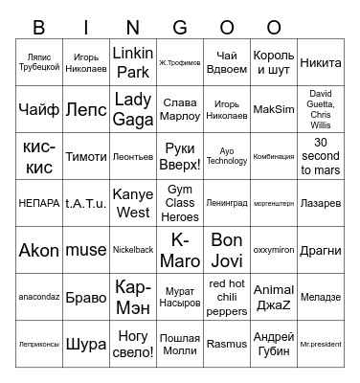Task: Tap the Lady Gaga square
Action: pyautogui.click(x=133, y=109)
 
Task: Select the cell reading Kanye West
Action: pyautogui.click(x=133, y=203)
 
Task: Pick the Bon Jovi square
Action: pyautogui.click(x=227, y=250)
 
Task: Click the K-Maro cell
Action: pyautogui.click(x=180, y=250)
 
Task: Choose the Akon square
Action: pyautogui.click(x=39, y=250)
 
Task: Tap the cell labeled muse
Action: pyautogui.click(x=86, y=250)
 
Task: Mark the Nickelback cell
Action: pyautogui.click(x=133, y=250)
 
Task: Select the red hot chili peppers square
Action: pyautogui.click(x=227, y=297)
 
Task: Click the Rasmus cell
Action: pyautogui.click(x=227, y=344)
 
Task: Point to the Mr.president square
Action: pyautogui.click(x=321, y=344)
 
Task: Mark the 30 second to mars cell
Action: pyautogui.click(x=321, y=156)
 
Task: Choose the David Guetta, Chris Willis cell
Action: pyautogui.click(x=321, y=109)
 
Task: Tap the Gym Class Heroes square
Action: pyautogui.click(x=180, y=203)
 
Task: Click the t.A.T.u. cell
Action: pyautogui.click(x=86, y=203)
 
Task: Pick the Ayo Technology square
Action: pyautogui.click(x=227, y=156)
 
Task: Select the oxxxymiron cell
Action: pyautogui.click(x=274, y=250)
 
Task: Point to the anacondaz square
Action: pyautogui.click(x=39, y=297)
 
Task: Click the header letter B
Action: pyautogui.click(x=39, y=27)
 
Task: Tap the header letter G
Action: pyautogui.click(x=180, y=27)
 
